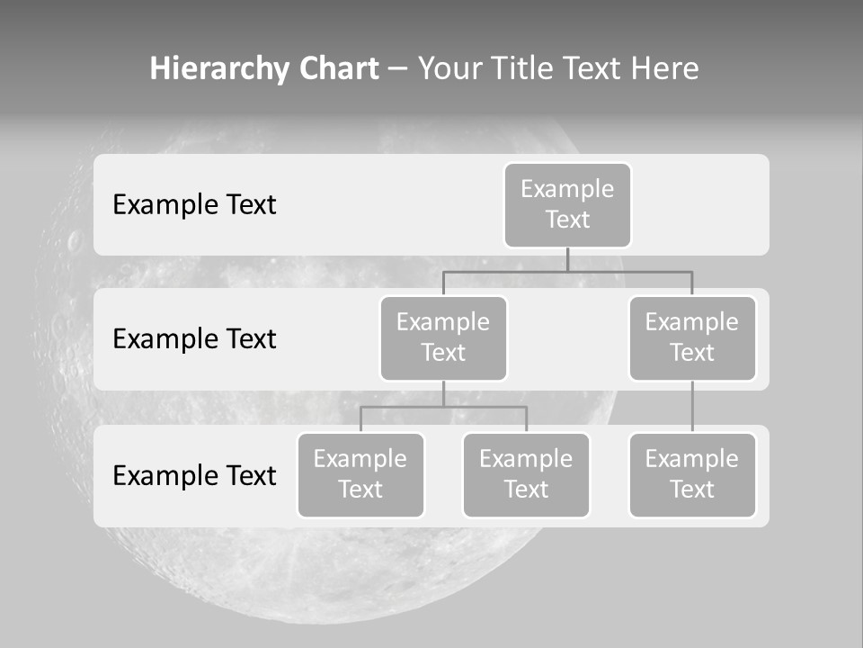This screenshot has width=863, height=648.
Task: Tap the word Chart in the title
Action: [x=334, y=69]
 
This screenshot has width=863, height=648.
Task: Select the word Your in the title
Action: [x=450, y=69]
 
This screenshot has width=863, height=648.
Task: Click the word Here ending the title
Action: [x=663, y=69]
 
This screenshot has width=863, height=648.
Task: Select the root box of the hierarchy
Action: [x=567, y=205]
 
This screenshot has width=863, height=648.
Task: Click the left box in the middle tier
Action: [x=443, y=338]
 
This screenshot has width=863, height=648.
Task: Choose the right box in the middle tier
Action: [x=692, y=338]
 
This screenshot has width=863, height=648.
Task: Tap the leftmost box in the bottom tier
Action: [x=360, y=475]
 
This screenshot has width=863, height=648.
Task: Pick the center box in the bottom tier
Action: [x=526, y=475]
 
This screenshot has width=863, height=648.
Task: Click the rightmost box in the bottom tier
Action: [x=692, y=475]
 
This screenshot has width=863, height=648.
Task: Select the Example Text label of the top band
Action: [x=194, y=205]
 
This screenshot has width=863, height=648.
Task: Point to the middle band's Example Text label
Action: [x=194, y=339]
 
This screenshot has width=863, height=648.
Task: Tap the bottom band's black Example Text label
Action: [x=194, y=475]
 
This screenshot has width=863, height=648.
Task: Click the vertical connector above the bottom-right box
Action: [x=692, y=407]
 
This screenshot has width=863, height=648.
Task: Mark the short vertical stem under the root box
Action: [x=567, y=259]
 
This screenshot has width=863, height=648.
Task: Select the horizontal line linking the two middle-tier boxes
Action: [x=567, y=271]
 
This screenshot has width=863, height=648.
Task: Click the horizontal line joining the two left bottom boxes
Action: [x=443, y=407]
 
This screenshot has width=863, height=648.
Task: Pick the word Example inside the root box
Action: [x=567, y=189]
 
